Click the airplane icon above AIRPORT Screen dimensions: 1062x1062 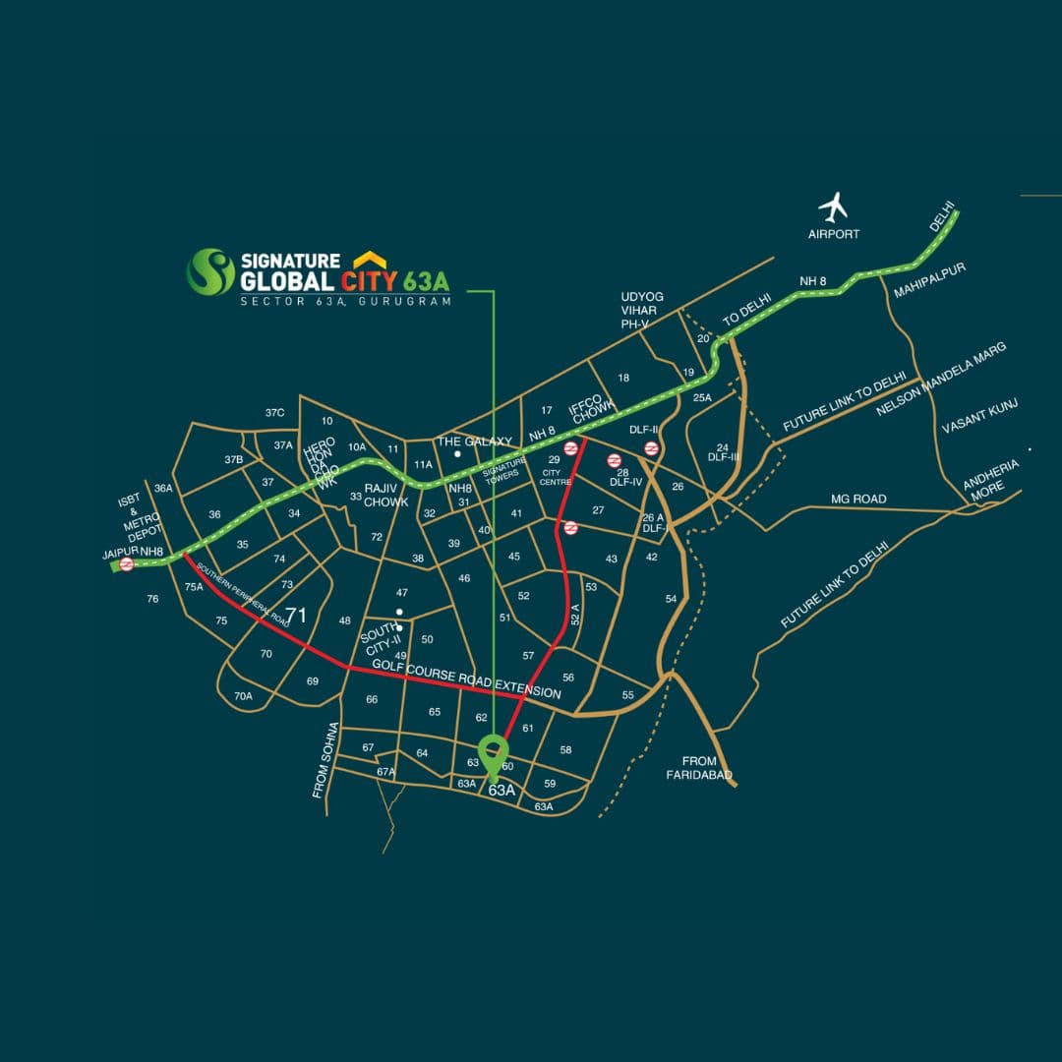pos(834,207)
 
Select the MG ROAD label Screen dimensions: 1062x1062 pos(858,500)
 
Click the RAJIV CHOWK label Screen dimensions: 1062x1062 pos(385,495)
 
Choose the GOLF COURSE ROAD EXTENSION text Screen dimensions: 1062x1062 pos(467,679)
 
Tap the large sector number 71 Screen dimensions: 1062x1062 pos(296,617)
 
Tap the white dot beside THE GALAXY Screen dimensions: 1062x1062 pos(457,454)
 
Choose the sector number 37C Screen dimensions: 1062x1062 pos(274,413)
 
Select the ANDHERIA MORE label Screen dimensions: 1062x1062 pos(990,479)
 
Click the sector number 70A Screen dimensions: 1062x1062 pos(243,696)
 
